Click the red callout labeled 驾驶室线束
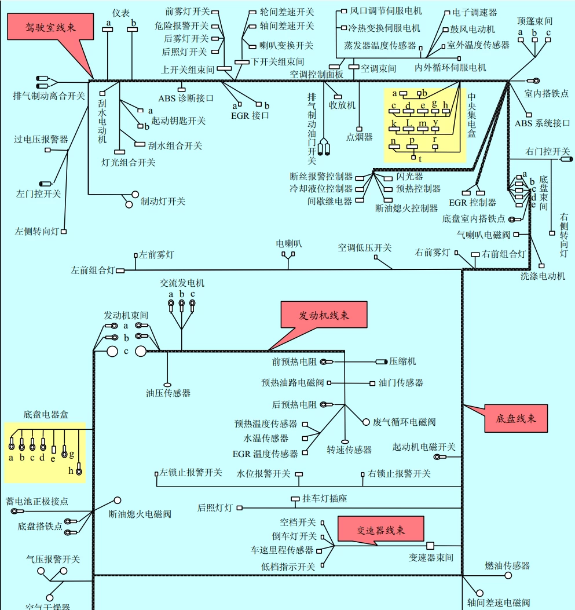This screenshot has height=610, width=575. point(50,27)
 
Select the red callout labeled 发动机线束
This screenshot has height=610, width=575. point(324,316)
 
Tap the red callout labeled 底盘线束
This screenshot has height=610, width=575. point(515,418)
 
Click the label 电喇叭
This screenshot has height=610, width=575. point(288,244)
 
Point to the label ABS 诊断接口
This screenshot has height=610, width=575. point(186,98)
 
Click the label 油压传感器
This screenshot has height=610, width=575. point(168,393)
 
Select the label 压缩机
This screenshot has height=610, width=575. point(402,361)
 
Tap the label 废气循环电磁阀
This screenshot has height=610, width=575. point(404,422)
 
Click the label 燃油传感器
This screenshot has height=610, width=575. point(507,565)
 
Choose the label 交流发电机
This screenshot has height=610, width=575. point(182,283)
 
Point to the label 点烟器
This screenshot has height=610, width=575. point(359,137)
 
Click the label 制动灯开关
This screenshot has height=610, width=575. point(163,201)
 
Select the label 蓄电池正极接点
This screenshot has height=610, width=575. point(37,501)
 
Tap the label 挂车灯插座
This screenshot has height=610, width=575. point(324,498)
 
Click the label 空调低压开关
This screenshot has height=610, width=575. point(365,247)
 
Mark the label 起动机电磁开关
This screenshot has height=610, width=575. point(424,447)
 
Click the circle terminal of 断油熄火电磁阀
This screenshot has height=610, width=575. point(118,500)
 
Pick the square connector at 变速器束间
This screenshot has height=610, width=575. point(430,546)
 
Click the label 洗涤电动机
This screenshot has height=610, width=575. point(543,276)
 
